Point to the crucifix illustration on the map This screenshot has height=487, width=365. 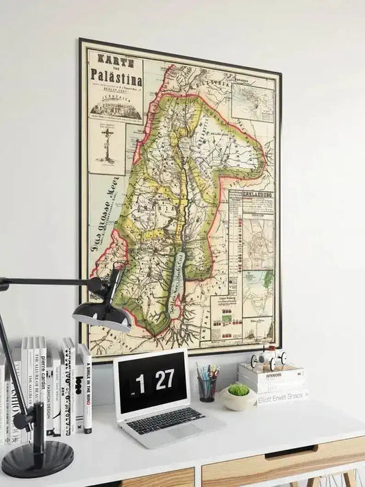click(x=106, y=147)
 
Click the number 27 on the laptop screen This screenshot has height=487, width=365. click(x=164, y=380)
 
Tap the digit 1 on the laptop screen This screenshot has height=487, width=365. click(x=140, y=384)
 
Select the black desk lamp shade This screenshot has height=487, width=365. click(x=103, y=315)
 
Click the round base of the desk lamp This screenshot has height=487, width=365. click(x=37, y=459)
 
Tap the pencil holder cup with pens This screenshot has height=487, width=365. click(x=206, y=388)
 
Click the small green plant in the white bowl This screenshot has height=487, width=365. click(x=238, y=390)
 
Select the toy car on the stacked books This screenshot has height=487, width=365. click(x=268, y=358)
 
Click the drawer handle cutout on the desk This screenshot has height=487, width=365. click(x=290, y=452)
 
